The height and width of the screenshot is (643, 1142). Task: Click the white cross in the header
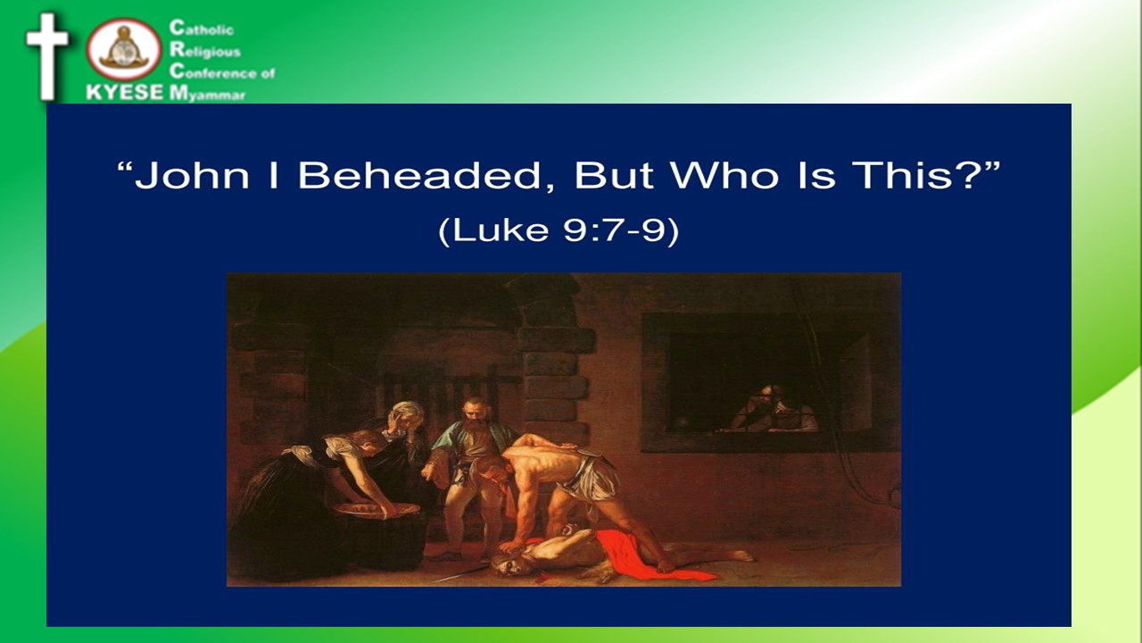pyautogui.click(x=47, y=56)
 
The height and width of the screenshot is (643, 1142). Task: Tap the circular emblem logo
pyautogui.click(x=124, y=49)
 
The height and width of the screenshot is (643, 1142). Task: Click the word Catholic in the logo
pyautogui.click(x=202, y=28)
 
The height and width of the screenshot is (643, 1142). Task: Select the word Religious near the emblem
pyautogui.click(x=205, y=50)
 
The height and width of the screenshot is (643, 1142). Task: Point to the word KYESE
pyautogui.click(x=125, y=92)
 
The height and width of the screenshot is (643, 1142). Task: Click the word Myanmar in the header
pyautogui.click(x=208, y=94)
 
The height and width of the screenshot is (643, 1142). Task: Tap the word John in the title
pyautogui.click(x=192, y=176)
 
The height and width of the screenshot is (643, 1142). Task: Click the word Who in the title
pyautogui.click(x=724, y=176)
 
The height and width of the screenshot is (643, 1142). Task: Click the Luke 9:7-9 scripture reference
pyautogui.click(x=559, y=231)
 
